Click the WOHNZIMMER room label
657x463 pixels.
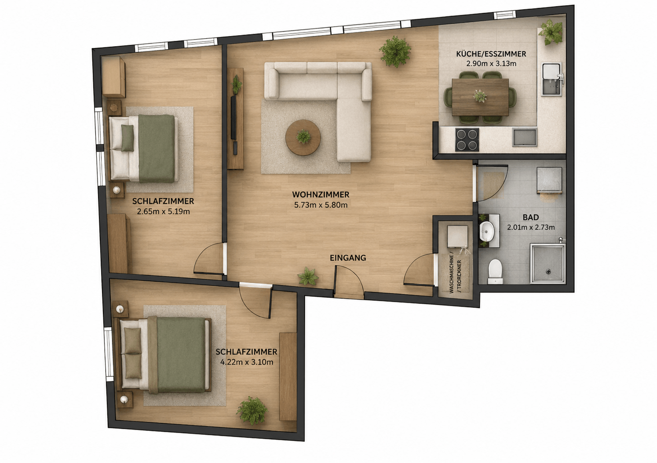pos(321,194)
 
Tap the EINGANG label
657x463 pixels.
pos(348,258)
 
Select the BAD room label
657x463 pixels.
pos(531,217)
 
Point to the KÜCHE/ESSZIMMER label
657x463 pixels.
pos(491,54)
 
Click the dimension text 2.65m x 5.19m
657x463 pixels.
pos(163,211)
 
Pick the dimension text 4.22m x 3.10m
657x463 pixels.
pos(247,362)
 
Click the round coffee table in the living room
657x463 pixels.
pos(303,137)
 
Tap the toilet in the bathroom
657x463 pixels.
pos(495,271)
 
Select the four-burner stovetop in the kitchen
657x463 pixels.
pos(467,139)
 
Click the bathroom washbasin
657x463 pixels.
pos(487,230)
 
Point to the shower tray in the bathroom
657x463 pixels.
pos(547,264)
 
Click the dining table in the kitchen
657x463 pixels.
pos(480,97)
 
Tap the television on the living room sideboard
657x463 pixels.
pos(234,117)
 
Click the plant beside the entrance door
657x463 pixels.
pos(308,276)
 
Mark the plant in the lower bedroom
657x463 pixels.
pos(252,411)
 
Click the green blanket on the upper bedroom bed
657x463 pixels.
pos(157,148)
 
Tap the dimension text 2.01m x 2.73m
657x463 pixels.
pos(531,227)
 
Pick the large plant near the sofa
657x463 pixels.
pos(395,51)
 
